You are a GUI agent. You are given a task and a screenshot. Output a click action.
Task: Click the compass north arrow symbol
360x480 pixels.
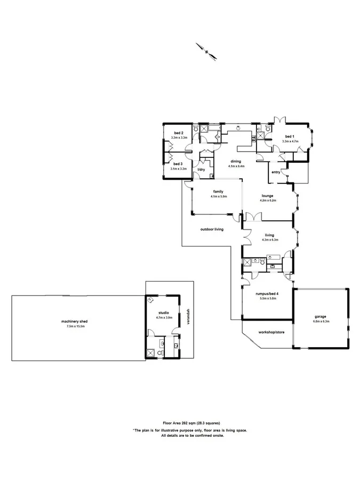205,50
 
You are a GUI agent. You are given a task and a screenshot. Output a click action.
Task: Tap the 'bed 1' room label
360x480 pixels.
290,136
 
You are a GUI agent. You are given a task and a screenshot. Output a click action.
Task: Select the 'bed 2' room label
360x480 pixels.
179,133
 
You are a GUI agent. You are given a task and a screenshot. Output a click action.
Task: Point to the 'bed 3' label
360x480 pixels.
178,164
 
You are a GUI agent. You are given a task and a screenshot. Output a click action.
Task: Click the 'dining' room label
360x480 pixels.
236,161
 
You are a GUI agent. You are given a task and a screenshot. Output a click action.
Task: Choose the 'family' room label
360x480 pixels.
218,191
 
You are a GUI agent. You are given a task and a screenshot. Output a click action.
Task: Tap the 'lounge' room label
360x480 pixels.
268,196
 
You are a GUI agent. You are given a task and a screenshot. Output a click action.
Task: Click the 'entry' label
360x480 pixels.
276,172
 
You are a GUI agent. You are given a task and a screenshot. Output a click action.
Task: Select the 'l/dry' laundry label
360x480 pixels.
201,170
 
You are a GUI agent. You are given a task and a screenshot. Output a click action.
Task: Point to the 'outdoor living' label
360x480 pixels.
212,229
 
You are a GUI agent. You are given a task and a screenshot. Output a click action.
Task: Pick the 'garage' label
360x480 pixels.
320,316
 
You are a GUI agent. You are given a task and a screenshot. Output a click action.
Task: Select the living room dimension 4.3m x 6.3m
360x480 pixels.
270,240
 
